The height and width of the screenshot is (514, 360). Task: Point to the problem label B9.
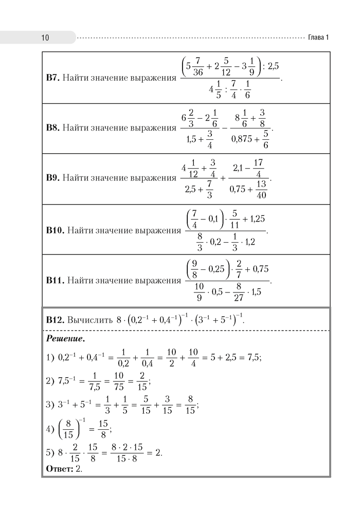53,178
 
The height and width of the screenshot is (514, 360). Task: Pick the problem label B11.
56,281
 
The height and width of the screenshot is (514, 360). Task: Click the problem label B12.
55,320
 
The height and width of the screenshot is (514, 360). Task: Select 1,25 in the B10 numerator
255,219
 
